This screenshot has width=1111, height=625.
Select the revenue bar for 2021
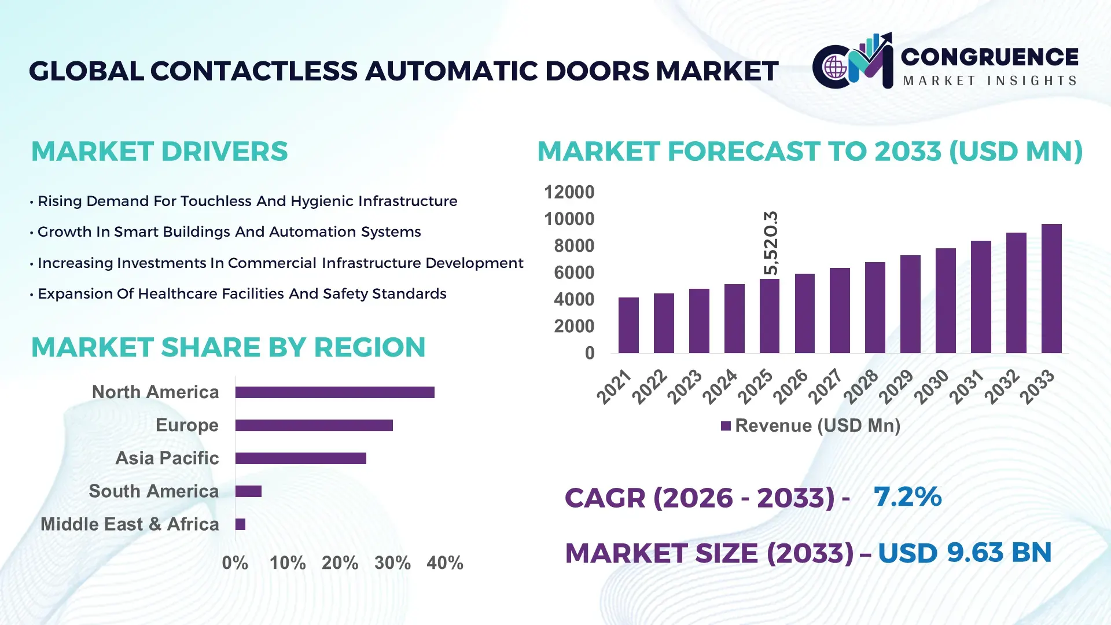[628, 325]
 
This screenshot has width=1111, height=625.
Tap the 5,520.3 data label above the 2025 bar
[771, 243]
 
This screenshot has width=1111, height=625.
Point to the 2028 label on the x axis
[861, 387]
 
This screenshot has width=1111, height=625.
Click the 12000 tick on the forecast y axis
[569, 192]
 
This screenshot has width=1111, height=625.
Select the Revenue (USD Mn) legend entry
[811, 426]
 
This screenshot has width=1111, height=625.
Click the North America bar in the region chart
[334, 392]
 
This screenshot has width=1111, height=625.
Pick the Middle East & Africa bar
[240, 524]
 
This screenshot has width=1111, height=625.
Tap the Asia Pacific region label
[167, 458]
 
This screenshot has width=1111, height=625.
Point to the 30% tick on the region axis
[392, 562]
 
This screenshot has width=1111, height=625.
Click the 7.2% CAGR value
[907, 497]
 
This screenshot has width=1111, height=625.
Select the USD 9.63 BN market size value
[964, 553]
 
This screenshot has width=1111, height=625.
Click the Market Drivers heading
[159, 152]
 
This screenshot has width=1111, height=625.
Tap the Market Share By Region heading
[228, 347]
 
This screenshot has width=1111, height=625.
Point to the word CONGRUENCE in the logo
[989, 57]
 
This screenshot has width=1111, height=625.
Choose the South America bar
[248, 491]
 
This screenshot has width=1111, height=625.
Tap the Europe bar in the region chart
[314, 425]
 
